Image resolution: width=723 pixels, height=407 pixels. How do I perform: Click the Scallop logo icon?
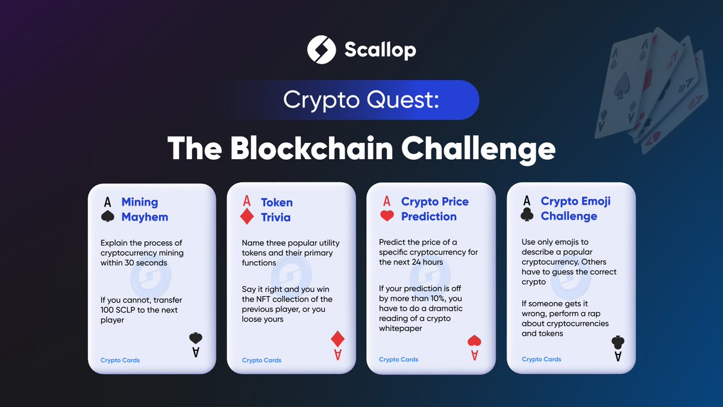[321, 49]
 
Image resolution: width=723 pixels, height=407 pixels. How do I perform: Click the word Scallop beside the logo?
[380, 49]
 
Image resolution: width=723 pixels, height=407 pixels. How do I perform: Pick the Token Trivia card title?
[277, 210]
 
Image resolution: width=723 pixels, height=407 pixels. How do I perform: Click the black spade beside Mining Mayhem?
[107, 216]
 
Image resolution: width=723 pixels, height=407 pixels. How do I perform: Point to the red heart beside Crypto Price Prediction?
[387, 215]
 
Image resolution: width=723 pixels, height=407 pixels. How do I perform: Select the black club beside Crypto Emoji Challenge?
[527, 216]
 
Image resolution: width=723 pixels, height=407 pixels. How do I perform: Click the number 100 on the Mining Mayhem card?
[108, 310]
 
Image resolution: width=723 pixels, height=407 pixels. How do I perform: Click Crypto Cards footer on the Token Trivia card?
[261, 360]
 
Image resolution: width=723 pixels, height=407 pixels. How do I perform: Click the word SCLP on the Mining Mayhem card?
[130, 310]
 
